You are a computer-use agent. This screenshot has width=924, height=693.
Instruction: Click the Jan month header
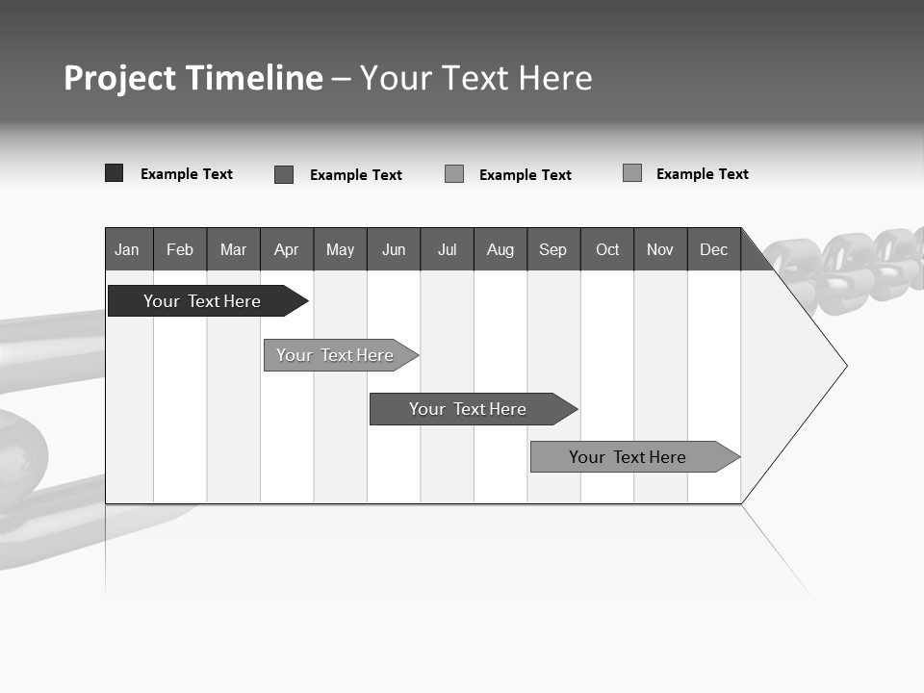(x=127, y=249)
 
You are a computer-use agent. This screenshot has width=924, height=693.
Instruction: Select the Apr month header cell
(x=286, y=249)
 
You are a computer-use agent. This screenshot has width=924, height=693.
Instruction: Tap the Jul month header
(x=447, y=249)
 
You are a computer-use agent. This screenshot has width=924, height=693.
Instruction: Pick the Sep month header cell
(x=552, y=249)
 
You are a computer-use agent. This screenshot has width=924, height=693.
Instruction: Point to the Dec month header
(x=713, y=249)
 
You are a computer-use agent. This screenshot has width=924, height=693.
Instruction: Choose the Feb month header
(x=180, y=249)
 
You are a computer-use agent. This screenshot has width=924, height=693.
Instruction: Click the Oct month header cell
(x=607, y=249)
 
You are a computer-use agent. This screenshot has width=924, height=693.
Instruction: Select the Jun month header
(x=394, y=249)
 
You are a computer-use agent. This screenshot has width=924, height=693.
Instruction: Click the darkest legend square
(x=115, y=173)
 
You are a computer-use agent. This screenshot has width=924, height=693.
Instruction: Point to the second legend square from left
(x=284, y=174)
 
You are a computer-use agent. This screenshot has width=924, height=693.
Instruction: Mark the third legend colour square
(x=454, y=174)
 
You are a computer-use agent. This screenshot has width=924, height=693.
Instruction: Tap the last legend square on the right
(x=632, y=173)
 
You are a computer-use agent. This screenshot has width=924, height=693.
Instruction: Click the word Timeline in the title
(x=254, y=78)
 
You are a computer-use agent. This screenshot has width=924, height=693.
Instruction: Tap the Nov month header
(x=660, y=249)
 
